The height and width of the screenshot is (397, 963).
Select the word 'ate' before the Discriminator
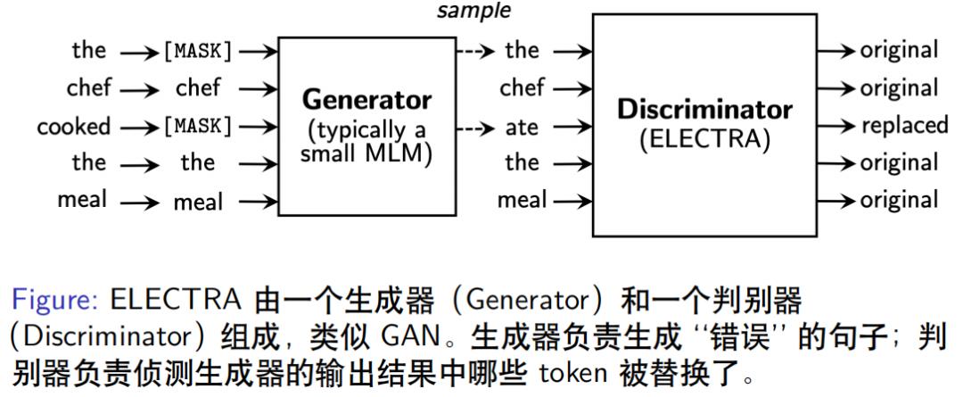[x=522, y=126]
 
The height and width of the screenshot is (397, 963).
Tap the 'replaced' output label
[x=903, y=126]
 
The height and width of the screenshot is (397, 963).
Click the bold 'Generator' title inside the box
[x=366, y=100]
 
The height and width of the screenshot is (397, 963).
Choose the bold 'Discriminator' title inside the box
[x=704, y=110]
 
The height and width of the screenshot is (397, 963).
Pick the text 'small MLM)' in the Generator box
[x=366, y=153]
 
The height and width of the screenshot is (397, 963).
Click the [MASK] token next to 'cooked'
[x=198, y=126]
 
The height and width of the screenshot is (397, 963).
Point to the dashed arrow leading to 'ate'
[x=474, y=126]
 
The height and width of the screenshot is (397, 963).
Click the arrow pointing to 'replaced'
[x=838, y=126]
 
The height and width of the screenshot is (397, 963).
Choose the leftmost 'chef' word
[x=89, y=88]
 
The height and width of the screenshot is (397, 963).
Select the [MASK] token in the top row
[x=198, y=51]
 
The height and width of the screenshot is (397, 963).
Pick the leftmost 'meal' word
[x=82, y=200]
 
